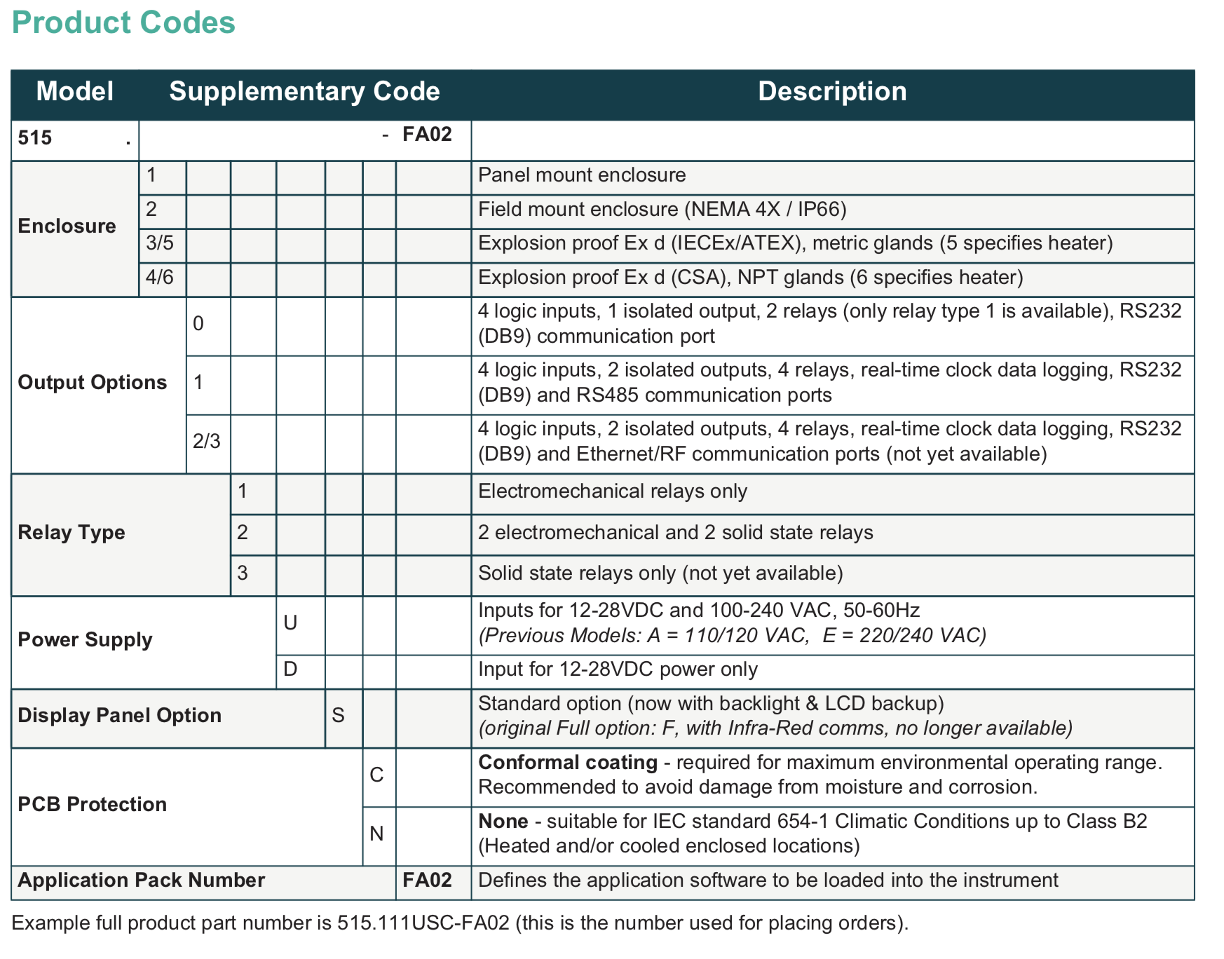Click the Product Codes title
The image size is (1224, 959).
123,23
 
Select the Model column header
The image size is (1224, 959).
74,92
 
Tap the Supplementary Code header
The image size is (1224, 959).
304,92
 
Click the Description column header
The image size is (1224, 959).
832,92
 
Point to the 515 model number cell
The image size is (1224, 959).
35,137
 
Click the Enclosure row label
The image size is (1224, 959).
67,226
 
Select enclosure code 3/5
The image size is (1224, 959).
160,243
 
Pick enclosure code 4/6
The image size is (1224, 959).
160,278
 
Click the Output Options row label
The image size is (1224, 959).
92,382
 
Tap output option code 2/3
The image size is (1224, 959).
206,441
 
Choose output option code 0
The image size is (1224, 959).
198,323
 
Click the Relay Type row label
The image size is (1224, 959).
71,532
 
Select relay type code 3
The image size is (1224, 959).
243,573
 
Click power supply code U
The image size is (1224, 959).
290,623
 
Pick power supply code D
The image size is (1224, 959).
290,669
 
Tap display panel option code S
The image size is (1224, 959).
338,715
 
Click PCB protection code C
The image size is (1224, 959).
376,775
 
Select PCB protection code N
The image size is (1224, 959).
376,834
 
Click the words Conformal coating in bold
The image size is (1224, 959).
567,762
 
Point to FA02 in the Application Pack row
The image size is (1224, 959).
427,880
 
